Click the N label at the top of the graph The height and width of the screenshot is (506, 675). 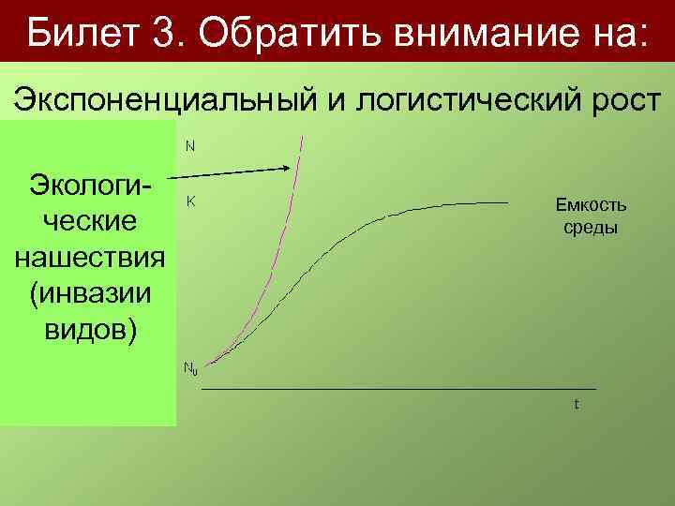pyautogui.click(x=189, y=146)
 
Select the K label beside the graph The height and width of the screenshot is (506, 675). pyautogui.click(x=189, y=201)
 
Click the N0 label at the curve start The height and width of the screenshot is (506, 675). pyautogui.click(x=189, y=368)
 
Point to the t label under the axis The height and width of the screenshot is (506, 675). pyautogui.click(x=577, y=405)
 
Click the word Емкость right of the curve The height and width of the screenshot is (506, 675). pyautogui.click(x=591, y=206)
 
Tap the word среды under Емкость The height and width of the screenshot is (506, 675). pyautogui.click(x=591, y=229)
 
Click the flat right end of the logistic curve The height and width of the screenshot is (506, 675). pyautogui.click(x=509, y=202)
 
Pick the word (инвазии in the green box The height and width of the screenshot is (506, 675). pyautogui.click(x=90, y=293)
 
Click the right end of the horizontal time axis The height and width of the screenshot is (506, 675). pyautogui.click(x=594, y=388)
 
